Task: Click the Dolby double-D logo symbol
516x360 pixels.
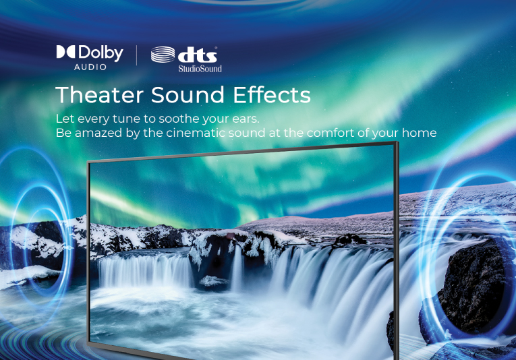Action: (x=66, y=52)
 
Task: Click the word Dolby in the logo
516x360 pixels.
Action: (x=101, y=53)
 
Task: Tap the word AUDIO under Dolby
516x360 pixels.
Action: (x=90, y=67)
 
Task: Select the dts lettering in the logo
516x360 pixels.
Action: (x=198, y=55)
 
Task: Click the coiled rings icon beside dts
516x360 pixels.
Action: (x=163, y=54)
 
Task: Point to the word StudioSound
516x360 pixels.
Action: (x=200, y=69)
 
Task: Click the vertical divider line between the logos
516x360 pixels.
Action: (x=136, y=55)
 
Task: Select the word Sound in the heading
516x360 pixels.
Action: (x=188, y=95)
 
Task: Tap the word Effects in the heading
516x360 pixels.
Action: (x=272, y=95)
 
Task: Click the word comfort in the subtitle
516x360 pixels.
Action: (x=331, y=133)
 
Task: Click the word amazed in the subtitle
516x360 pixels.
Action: (x=98, y=133)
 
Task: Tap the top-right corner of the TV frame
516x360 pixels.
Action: (x=397, y=142)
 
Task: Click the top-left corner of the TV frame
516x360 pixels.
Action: (x=88, y=162)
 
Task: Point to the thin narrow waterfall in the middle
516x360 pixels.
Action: (x=237, y=268)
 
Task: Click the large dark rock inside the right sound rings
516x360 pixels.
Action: (x=474, y=286)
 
